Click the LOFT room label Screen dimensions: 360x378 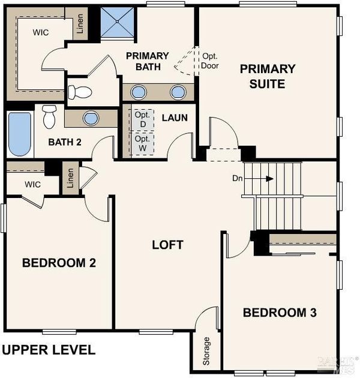167,245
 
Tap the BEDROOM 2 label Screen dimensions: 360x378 59,263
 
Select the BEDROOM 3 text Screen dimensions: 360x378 280,313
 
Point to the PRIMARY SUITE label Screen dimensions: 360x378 268,76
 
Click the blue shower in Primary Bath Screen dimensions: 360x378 117,22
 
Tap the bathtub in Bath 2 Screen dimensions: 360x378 20,134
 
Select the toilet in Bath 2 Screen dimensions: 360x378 49,116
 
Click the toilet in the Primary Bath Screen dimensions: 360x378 80,92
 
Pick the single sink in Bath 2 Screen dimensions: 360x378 91,118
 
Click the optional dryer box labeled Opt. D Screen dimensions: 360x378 142,119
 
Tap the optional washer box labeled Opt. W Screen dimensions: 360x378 142,143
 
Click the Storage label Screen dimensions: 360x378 206,351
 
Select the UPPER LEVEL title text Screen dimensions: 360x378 49,350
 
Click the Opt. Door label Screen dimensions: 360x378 210,61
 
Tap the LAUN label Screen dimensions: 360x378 175,118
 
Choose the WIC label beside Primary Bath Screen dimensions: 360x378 41,32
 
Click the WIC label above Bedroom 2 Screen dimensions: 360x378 32,184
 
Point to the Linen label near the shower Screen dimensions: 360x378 80,23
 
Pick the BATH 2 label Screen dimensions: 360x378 65,142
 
